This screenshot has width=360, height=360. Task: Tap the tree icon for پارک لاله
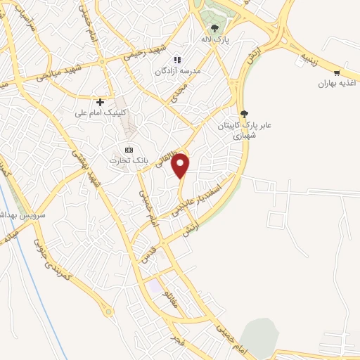(214, 29)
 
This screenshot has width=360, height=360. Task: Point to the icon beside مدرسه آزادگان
(178, 60)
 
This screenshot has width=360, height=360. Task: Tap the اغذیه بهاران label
(334, 84)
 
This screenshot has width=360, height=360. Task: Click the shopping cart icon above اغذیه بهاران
(337, 73)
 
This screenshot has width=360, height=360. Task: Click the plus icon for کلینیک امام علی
(101, 102)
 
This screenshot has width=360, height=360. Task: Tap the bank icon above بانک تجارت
(128, 150)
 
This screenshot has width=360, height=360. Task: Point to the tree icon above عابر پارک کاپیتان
(244, 113)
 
